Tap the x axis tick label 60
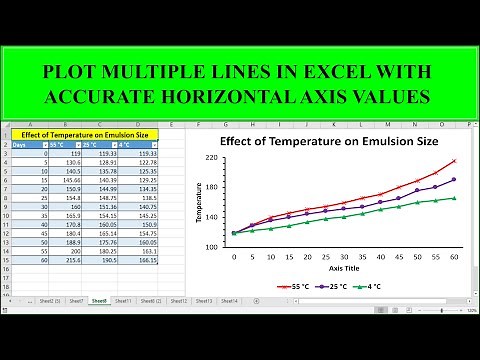click(454, 257)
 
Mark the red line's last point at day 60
click(454, 161)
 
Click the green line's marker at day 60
click(454, 198)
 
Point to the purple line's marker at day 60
click(454, 180)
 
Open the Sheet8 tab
click(99, 300)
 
